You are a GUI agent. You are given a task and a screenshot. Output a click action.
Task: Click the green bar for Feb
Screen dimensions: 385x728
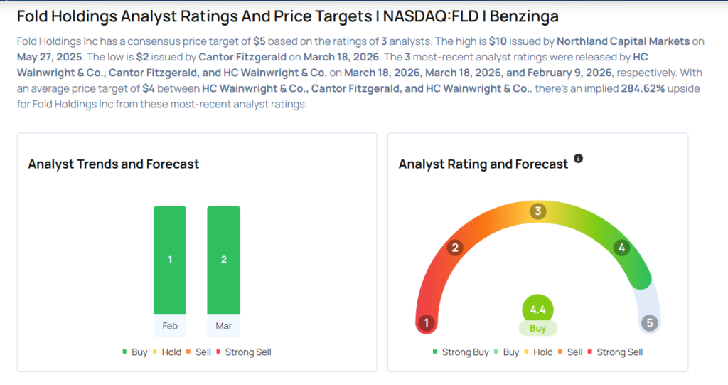[170, 260]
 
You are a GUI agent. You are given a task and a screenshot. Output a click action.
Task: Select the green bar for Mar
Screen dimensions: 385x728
[223, 260]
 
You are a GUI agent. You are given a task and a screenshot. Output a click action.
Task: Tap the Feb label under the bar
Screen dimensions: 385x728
[170, 326]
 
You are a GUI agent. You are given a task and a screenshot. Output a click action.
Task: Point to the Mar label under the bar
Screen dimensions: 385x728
[223, 326]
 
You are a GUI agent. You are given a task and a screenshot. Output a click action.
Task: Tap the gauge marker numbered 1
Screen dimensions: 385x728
[427, 323]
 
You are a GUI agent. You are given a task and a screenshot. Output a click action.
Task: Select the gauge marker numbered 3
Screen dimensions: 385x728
[538, 211]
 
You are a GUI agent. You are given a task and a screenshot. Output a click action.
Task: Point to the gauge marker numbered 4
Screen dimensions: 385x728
[621, 248]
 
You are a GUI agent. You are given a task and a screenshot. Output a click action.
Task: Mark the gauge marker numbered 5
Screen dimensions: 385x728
[649, 323]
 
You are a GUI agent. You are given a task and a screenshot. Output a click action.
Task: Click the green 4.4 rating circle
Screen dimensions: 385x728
[537, 310]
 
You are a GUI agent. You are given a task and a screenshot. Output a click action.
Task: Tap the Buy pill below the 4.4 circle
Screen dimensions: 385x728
[537, 329]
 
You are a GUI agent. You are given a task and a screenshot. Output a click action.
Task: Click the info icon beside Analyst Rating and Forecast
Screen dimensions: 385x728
[578, 159]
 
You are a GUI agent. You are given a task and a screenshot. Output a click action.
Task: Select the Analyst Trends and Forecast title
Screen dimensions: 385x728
[114, 164]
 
